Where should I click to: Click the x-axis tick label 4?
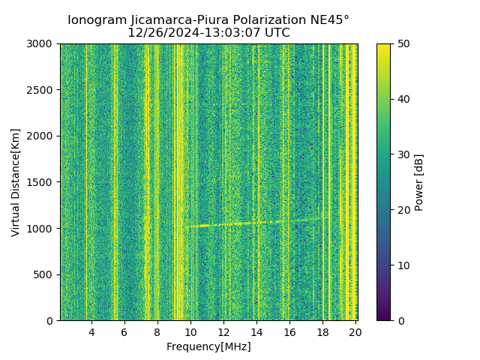[x=91, y=332]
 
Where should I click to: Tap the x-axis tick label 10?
[x=190, y=332]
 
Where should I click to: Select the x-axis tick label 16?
[x=289, y=332]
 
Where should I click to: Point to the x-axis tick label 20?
[x=355, y=332]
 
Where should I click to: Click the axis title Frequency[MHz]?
[x=208, y=346]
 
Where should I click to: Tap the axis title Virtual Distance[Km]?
[x=16, y=182]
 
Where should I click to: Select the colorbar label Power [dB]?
[x=419, y=182]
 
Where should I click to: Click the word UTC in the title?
[x=276, y=33]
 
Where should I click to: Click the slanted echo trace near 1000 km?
[x=255, y=223]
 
